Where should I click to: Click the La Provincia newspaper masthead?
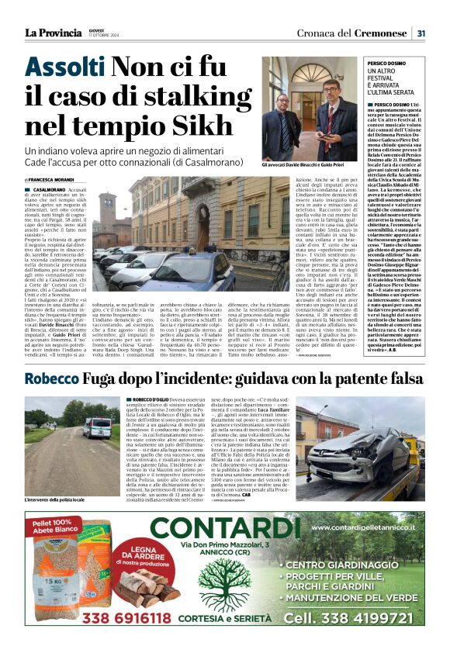[53, 33]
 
